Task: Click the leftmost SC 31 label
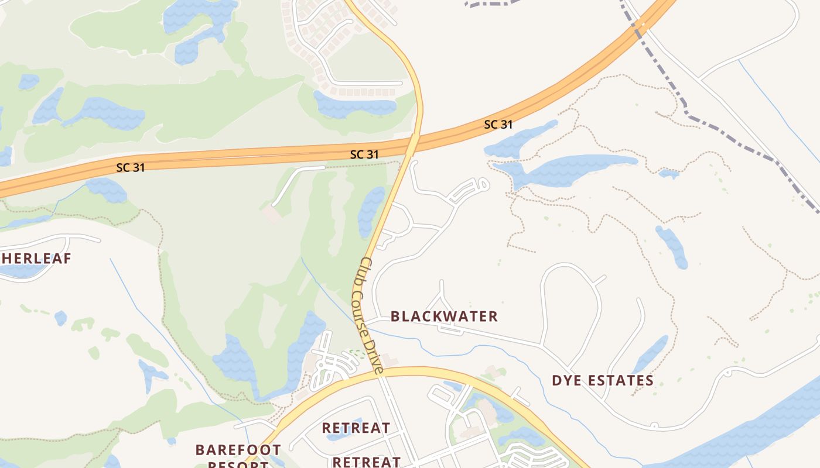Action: coord(130,167)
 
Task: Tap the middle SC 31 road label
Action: coord(364,154)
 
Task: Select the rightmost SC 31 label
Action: coord(498,125)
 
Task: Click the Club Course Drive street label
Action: coord(370,316)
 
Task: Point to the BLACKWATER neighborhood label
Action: coord(444,316)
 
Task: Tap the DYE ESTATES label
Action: coord(602,381)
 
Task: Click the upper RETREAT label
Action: coord(356,428)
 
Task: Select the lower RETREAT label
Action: coord(367,462)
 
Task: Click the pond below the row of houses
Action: coord(354,105)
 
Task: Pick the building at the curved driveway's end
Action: coord(271,214)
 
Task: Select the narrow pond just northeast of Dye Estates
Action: coord(650,353)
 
